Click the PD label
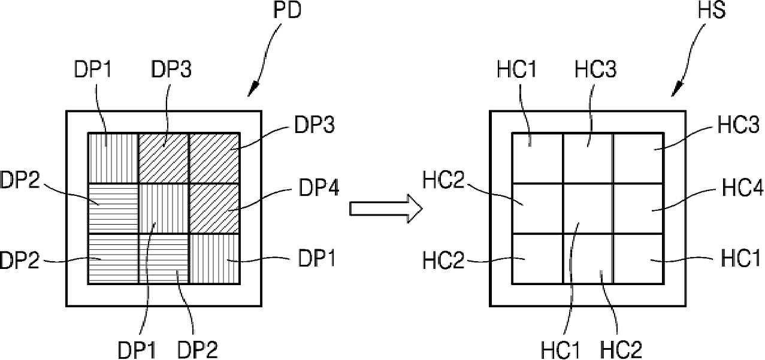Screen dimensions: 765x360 pyautogui.click(x=287, y=10)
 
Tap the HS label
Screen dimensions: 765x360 pyautogui.click(x=711, y=10)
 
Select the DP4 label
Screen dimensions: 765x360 pyautogui.click(x=319, y=187)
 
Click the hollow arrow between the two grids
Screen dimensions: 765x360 pyautogui.click(x=386, y=208)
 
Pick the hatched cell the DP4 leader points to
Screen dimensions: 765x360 pyautogui.click(x=214, y=208)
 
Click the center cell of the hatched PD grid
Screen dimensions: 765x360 pyautogui.click(x=164, y=208)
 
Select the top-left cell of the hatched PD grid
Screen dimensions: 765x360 pyautogui.click(x=113, y=158)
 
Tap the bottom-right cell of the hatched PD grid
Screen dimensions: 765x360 pyautogui.click(x=214, y=259)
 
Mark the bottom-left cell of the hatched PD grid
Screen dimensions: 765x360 pyautogui.click(x=113, y=259)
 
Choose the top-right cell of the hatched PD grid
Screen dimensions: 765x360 pyautogui.click(x=214, y=158)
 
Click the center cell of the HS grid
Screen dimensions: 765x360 pyautogui.click(x=588, y=208)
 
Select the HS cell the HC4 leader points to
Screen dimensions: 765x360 pyautogui.click(x=638, y=208)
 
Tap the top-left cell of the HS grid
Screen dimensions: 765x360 pyautogui.click(x=537, y=158)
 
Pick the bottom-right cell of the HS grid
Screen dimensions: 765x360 pyautogui.click(x=638, y=259)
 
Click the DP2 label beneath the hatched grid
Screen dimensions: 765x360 pyautogui.click(x=198, y=349)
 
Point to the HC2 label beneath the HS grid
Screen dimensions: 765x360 pyautogui.click(x=621, y=349)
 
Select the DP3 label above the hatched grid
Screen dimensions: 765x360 pyautogui.click(x=171, y=69)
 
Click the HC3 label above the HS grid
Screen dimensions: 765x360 pyautogui.click(x=595, y=69)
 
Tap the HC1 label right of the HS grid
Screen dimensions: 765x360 pyautogui.click(x=740, y=258)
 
